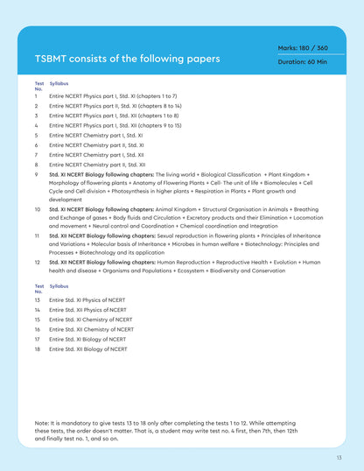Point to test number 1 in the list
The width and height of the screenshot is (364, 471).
pyautogui.click(x=37, y=95)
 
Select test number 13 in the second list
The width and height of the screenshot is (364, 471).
pyautogui.click(x=38, y=300)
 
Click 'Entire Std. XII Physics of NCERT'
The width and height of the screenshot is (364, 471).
pyautogui.click(x=87, y=310)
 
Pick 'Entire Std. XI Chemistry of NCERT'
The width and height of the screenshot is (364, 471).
pyautogui.click(x=91, y=320)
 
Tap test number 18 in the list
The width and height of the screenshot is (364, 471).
pyautogui.click(x=38, y=349)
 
